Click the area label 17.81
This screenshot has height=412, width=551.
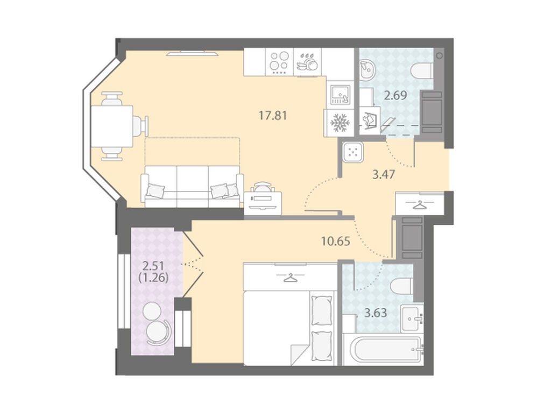[273, 115]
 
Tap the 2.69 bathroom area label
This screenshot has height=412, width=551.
[395, 95]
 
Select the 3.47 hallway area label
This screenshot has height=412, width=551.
[384, 174]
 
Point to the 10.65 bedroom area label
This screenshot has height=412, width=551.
[336, 241]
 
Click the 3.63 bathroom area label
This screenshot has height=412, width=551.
[376, 312]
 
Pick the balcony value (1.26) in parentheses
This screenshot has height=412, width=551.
[154, 278]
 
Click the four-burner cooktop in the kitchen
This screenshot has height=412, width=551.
[279, 62]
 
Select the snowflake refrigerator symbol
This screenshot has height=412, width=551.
[339, 123]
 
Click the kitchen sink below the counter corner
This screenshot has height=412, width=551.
[340, 94]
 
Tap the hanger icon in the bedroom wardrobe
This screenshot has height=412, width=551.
[290, 278]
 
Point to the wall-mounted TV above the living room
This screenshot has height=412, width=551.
[192, 54]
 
